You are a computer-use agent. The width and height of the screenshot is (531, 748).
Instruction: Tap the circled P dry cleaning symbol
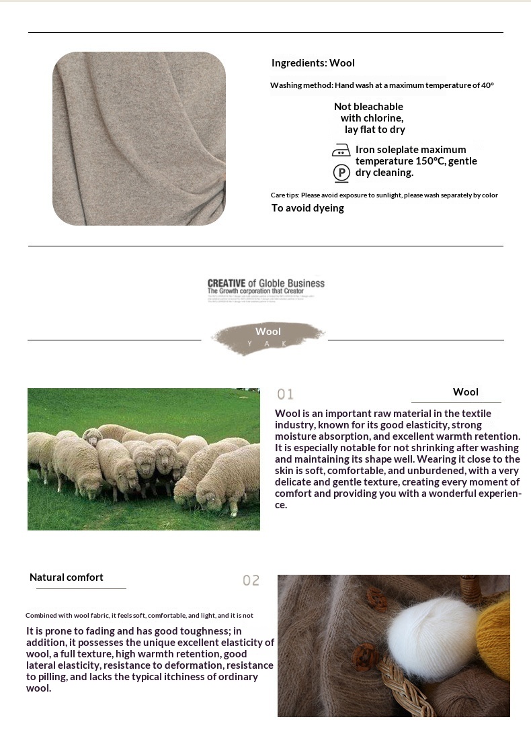[x=341, y=173]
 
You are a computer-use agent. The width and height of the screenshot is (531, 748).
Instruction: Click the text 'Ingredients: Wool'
[x=313, y=63]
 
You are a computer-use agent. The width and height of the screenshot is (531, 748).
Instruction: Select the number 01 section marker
[x=286, y=394]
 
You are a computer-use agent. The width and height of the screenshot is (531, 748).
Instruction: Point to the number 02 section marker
[x=251, y=580]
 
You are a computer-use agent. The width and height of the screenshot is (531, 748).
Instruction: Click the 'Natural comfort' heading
[x=67, y=577]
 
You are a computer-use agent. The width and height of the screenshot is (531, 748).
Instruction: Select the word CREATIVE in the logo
[x=227, y=283]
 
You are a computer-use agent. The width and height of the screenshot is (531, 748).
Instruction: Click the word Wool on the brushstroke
[x=268, y=332]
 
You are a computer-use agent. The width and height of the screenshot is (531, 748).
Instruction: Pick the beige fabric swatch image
[x=139, y=138]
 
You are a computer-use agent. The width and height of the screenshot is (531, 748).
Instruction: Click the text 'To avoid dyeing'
[x=307, y=208]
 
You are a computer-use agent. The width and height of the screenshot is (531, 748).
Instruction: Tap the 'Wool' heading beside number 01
[x=466, y=392]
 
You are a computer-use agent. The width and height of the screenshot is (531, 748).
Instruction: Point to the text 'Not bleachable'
[x=368, y=107]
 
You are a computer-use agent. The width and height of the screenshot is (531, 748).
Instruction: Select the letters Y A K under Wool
[x=268, y=343]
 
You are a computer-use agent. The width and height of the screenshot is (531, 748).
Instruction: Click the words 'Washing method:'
[x=302, y=85]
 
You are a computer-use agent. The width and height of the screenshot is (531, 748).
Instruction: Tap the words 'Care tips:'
[x=285, y=195]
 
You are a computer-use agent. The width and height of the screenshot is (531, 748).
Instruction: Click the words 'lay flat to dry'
[x=374, y=130]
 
